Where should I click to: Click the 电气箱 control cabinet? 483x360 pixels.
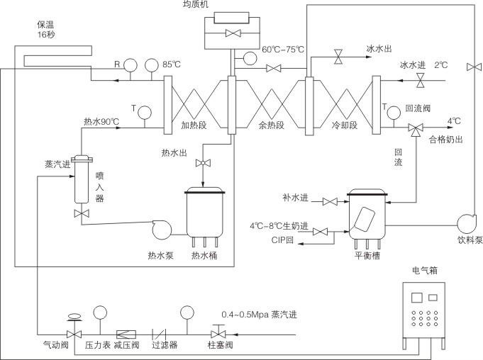tap(424, 309)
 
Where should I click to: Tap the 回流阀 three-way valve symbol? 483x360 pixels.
tap(414, 128)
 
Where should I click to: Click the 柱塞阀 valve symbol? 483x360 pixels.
tap(216, 332)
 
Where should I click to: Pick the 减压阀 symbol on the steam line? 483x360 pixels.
tap(128, 332)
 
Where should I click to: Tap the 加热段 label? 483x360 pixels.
tap(194, 125)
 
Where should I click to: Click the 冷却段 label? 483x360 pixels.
tap(345, 125)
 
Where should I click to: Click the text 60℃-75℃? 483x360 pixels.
tap(282, 50)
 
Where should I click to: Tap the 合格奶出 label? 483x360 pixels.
tap(446, 140)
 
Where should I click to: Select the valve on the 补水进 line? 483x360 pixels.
tap(330, 202)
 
